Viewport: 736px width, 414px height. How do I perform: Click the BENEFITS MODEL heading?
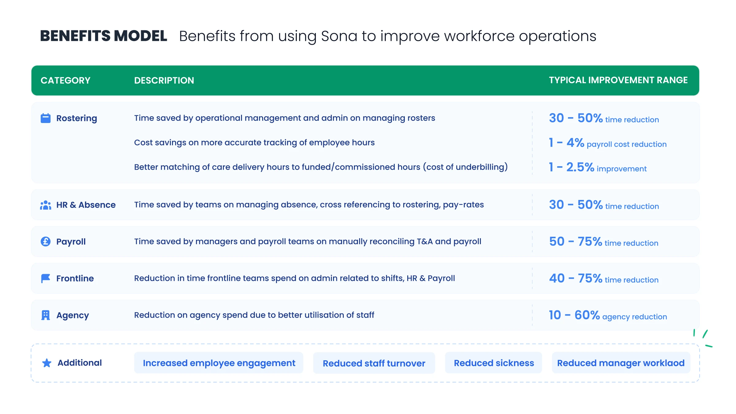click(104, 36)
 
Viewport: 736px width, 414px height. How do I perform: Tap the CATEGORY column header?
click(65, 80)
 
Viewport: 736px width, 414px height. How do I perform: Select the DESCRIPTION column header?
click(164, 80)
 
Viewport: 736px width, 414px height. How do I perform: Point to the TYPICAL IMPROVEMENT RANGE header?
click(618, 80)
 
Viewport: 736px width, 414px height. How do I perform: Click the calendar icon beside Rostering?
click(46, 118)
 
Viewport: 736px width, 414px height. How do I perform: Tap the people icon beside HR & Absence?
click(46, 205)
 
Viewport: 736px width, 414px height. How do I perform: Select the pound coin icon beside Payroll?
click(46, 242)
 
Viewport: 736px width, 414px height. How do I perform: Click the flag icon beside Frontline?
click(46, 278)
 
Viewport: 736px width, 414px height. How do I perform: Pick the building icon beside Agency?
click(46, 315)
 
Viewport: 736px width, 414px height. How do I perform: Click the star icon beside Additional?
click(47, 363)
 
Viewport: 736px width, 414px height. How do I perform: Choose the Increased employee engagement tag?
click(219, 363)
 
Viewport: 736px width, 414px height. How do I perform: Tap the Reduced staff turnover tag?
click(374, 363)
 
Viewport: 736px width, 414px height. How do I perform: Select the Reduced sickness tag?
click(494, 363)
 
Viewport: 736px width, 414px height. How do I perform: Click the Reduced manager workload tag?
click(621, 363)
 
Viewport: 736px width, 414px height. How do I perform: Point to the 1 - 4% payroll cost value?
click(608, 143)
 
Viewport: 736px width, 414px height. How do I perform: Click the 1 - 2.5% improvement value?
click(598, 167)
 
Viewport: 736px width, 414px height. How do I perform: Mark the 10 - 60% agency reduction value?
click(608, 315)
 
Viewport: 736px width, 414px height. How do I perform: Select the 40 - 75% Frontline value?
click(604, 278)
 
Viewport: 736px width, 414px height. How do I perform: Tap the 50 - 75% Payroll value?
click(604, 242)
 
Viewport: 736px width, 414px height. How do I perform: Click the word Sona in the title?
click(339, 36)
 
